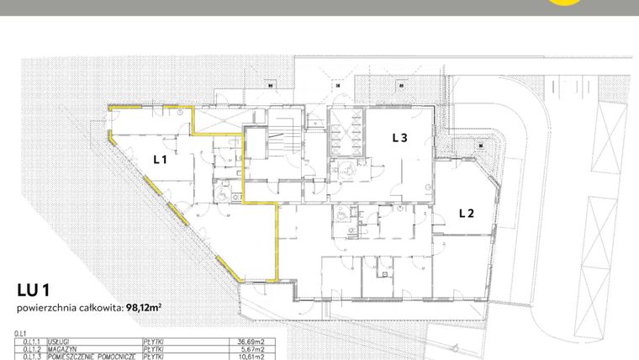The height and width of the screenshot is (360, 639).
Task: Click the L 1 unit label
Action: pyautogui.click(x=160, y=158)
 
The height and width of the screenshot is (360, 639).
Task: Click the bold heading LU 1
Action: pyautogui.click(x=33, y=290)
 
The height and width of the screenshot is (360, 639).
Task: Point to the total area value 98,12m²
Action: pyautogui.click(x=144, y=309)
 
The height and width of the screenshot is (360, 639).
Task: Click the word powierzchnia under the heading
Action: pyautogui.click(x=44, y=309)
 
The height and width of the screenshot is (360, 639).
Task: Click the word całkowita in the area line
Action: pyautogui.click(x=102, y=309)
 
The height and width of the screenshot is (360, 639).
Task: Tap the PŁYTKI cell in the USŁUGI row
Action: pyautogui.click(x=153, y=342)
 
